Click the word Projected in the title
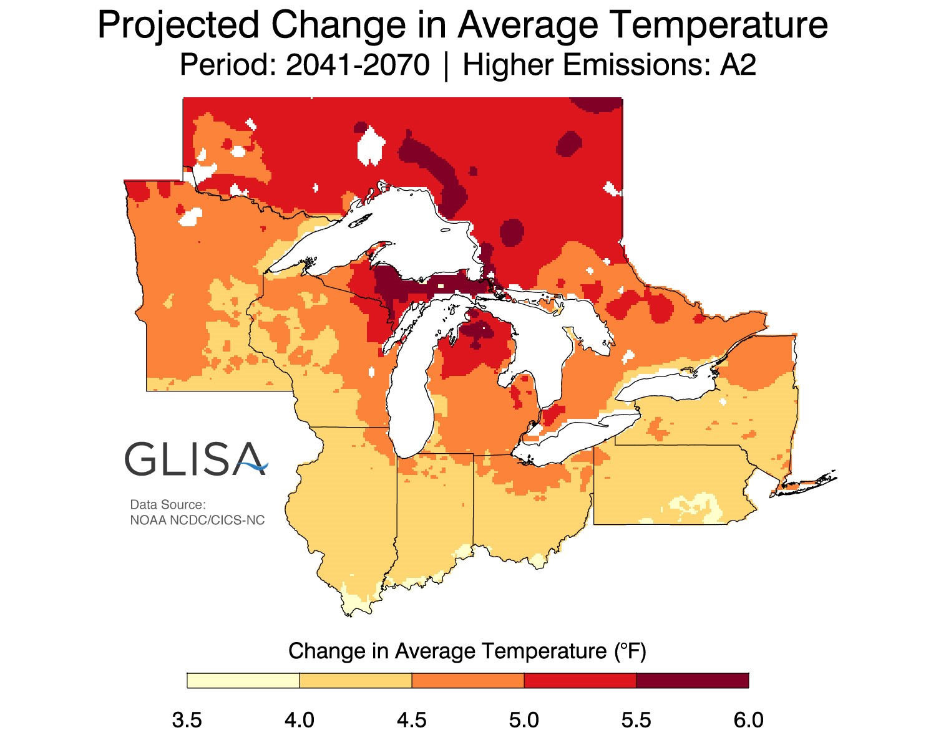tap(178, 26)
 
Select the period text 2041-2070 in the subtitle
tap(358, 65)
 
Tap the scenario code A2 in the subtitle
tap(738, 65)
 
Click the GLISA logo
tap(196, 459)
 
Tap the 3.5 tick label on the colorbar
tap(187, 721)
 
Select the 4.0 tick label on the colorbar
tap(300, 721)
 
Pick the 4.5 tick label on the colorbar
tap(412, 721)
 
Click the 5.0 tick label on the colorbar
tap(524, 721)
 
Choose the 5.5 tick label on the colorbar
tap(636, 721)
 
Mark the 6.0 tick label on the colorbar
tap(748, 721)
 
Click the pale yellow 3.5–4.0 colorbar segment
tap(243, 681)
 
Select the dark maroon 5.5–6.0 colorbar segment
tap(693, 681)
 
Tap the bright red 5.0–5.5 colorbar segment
tap(580, 681)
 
